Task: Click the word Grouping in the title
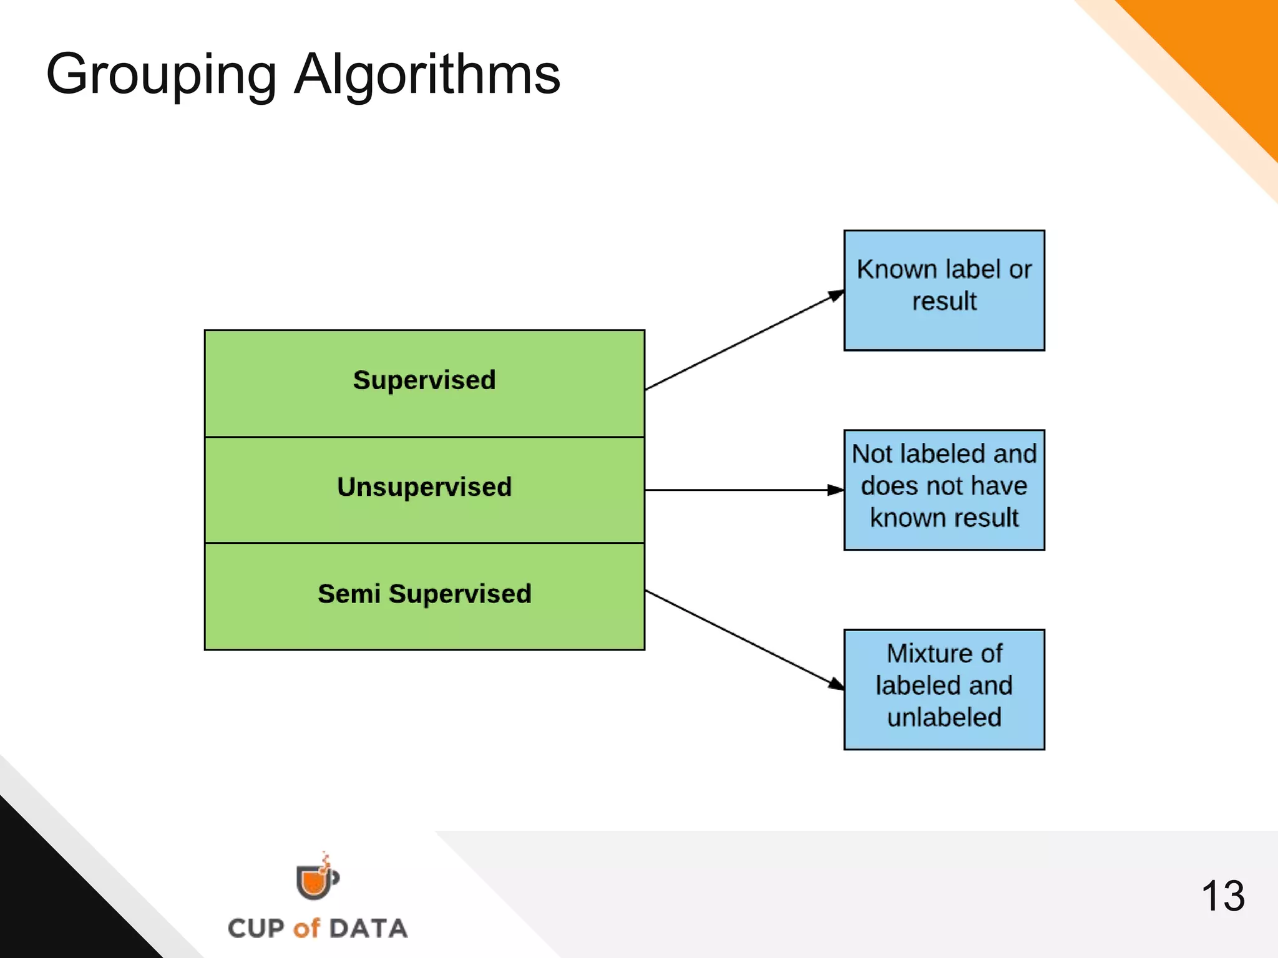click(x=161, y=75)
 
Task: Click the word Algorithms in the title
click(x=427, y=75)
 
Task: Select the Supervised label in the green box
click(x=424, y=380)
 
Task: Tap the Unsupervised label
click(x=424, y=487)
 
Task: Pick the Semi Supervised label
click(x=424, y=594)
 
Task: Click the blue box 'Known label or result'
click(x=944, y=291)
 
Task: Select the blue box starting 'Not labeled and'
click(x=944, y=490)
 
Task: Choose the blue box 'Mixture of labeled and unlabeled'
click(x=944, y=689)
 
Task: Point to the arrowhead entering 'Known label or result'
click(x=836, y=296)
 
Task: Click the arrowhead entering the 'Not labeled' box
click(x=836, y=490)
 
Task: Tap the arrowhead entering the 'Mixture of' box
click(x=836, y=684)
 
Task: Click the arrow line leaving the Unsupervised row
click(x=736, y=490)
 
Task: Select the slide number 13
click(x=1223, y=896)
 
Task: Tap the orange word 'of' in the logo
click(x=306, y=929)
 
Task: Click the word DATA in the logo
click(x=368, y=929)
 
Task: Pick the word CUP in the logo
click(x=256, y=929)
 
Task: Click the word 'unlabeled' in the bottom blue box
click(x=944, y=717)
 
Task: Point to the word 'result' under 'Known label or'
click(x=944, y=301)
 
